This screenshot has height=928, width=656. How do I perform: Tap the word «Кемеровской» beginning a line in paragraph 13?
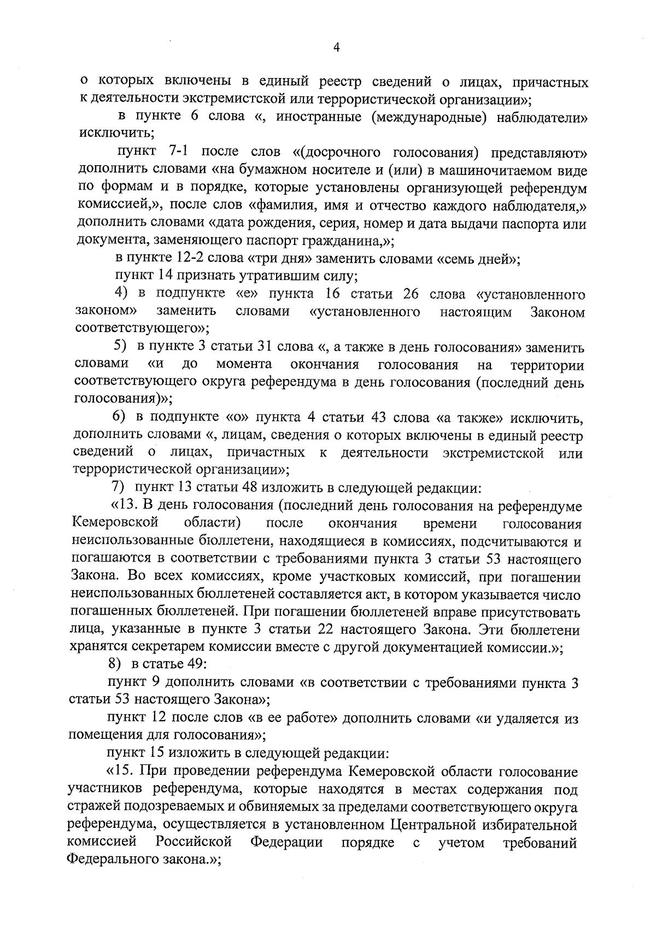[x=115, y=523]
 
